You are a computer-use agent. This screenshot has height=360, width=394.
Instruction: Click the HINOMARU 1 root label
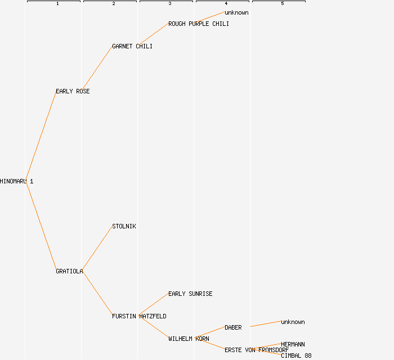click(16, 181)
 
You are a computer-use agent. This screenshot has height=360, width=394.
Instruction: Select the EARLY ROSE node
click(73, 91)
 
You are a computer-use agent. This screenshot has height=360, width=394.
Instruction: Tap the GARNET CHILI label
click(132, 46)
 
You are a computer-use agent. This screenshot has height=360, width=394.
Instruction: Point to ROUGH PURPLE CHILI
click(199, 24)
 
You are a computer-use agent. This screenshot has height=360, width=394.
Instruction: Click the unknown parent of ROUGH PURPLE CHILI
click(236, 12)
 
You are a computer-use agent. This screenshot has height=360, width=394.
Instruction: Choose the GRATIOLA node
click(69, 271)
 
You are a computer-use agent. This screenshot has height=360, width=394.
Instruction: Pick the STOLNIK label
click(124, 226)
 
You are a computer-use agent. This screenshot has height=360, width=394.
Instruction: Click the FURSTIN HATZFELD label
click(139, 316)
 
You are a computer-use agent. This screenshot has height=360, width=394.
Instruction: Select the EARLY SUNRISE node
click(190, 294)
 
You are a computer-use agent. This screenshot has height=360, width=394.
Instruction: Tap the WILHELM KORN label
click(189, 339)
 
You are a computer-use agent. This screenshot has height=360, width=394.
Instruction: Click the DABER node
click(233, 327)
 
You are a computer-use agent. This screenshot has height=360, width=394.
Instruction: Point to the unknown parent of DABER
click(293, 322)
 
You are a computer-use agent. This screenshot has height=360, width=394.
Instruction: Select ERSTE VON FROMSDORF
click(257, 350)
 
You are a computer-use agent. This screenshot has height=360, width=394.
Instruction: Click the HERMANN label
click(293, 344)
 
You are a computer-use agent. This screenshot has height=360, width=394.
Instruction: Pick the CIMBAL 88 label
click(296, 355)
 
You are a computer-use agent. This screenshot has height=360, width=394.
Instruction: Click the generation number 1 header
click(57, 4)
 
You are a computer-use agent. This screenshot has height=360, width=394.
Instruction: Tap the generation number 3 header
click(170, 4)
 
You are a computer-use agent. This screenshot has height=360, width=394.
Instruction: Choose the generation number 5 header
click(283, 4)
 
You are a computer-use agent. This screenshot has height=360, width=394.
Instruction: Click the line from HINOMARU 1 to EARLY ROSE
click(41, 136)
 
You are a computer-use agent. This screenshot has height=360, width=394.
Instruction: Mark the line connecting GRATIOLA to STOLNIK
click(97, 249)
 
